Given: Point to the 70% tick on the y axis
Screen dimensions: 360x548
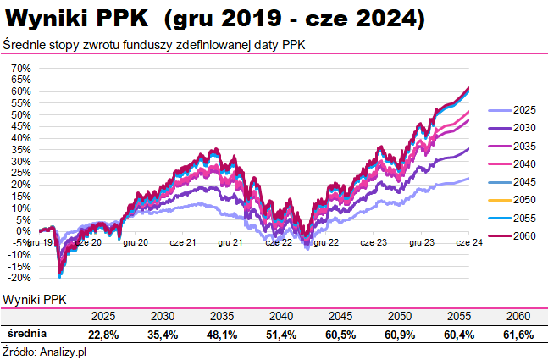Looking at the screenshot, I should [x=21, y=68].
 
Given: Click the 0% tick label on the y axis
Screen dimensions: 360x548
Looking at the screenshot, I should [x=24, y=230].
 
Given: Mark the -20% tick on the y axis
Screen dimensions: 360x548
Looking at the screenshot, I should [x=19, y=277].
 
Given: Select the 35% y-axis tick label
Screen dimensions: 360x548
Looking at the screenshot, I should [x=21, y=149].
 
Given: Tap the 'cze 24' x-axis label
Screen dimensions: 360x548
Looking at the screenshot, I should [x=469, y=242].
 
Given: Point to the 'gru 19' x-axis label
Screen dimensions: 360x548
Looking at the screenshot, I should [x=40, y=242].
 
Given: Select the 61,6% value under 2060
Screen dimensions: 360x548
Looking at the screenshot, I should [x=518, y=335].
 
